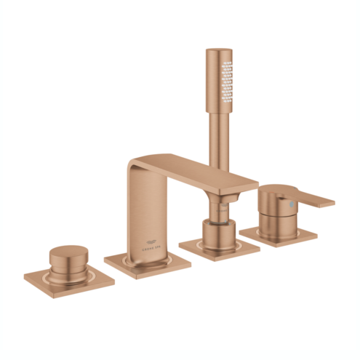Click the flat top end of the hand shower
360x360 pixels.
point(218,52)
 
